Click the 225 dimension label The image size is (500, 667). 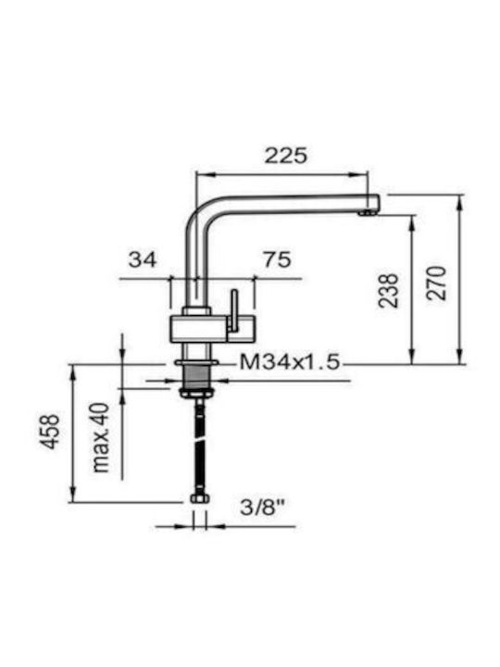[285, 156]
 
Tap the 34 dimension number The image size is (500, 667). [143, 259]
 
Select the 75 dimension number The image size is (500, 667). [277, 259]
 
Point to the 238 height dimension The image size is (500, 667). [389, 291]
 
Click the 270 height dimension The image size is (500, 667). [437, 283]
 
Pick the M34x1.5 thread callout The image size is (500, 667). [290, 362]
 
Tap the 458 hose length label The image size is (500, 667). [51, 431]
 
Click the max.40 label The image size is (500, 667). [101, 437]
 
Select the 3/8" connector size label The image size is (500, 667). [262, 507]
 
